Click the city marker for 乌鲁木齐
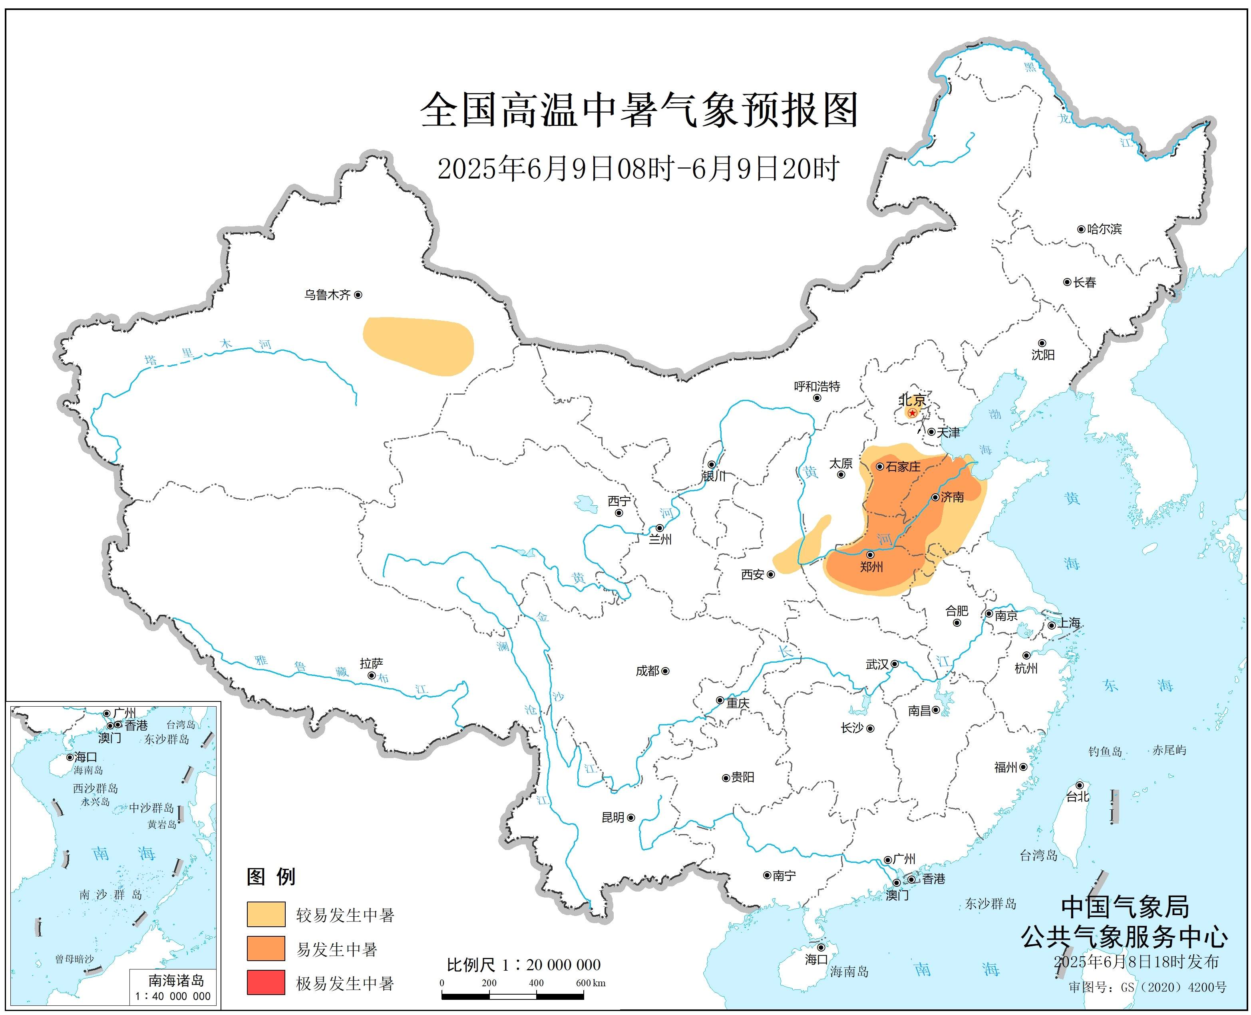click(x=358, y=295)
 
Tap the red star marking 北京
click(x=912, y=413)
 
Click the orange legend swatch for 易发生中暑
click(x=266, y=948)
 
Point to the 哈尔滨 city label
click(x=1104, y=229)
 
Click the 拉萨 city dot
click(x=371, y=675)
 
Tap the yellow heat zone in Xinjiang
click(x=418, y=345)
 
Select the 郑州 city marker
click(x=870, y=554)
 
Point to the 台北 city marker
click(x=1080, y=785)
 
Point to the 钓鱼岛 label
click(x=1105, y=751)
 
